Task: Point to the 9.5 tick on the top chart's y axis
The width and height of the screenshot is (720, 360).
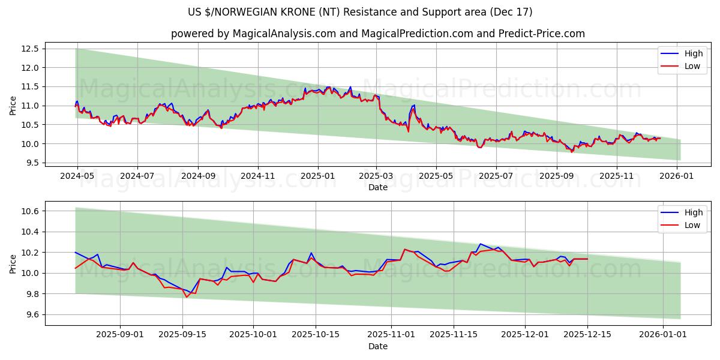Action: click(x=34, y=163)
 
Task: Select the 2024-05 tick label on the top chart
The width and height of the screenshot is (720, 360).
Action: click(x=77, y=176)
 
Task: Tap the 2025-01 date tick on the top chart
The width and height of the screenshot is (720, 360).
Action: click(x=317, y=176)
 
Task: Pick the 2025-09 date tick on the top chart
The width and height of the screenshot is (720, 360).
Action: click(x=557, y=176)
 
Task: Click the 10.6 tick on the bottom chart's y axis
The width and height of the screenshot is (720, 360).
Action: click(x=31, y=211)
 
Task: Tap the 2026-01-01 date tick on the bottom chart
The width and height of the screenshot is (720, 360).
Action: click(x=662, y=334)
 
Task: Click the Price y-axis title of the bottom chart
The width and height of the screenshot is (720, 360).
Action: click(x=13, y=263)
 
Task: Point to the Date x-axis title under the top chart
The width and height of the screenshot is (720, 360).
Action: click(x=378, y=187)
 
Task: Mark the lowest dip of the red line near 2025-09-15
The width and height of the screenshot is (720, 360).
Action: click(x=187, y=297)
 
